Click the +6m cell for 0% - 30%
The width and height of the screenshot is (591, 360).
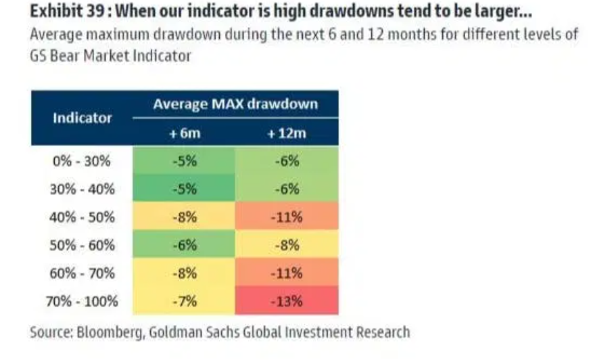click(184, 161)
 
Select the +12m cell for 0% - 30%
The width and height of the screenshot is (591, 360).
click(287, 161)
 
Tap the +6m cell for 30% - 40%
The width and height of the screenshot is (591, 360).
click(184, 188)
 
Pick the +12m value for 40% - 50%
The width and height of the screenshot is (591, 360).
click(287, 217)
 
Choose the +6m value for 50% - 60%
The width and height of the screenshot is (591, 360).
click(184, 244)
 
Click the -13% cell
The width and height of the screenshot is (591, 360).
click(287, 300)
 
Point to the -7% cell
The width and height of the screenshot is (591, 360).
click(184, 300)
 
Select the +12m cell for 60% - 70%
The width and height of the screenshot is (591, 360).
click(287, 273)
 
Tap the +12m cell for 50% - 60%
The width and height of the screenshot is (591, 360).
click(287, 244)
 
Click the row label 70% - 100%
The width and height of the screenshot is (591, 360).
click(82, 301)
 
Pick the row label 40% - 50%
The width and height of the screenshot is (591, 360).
click(82, 217)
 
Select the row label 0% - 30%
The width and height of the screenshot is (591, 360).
click(82, 161)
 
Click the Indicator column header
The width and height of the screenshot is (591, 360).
click(82, 118)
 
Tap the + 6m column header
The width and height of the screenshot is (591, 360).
click(185, 133)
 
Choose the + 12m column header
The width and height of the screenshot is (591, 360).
click(287, 133)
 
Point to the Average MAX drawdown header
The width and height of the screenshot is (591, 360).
click(235, 104)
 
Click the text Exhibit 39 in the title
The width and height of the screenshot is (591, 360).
click(67, 11)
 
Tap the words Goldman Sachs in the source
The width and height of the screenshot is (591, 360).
click(194, 332)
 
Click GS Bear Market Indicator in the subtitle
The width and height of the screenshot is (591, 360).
click(110, 56)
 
